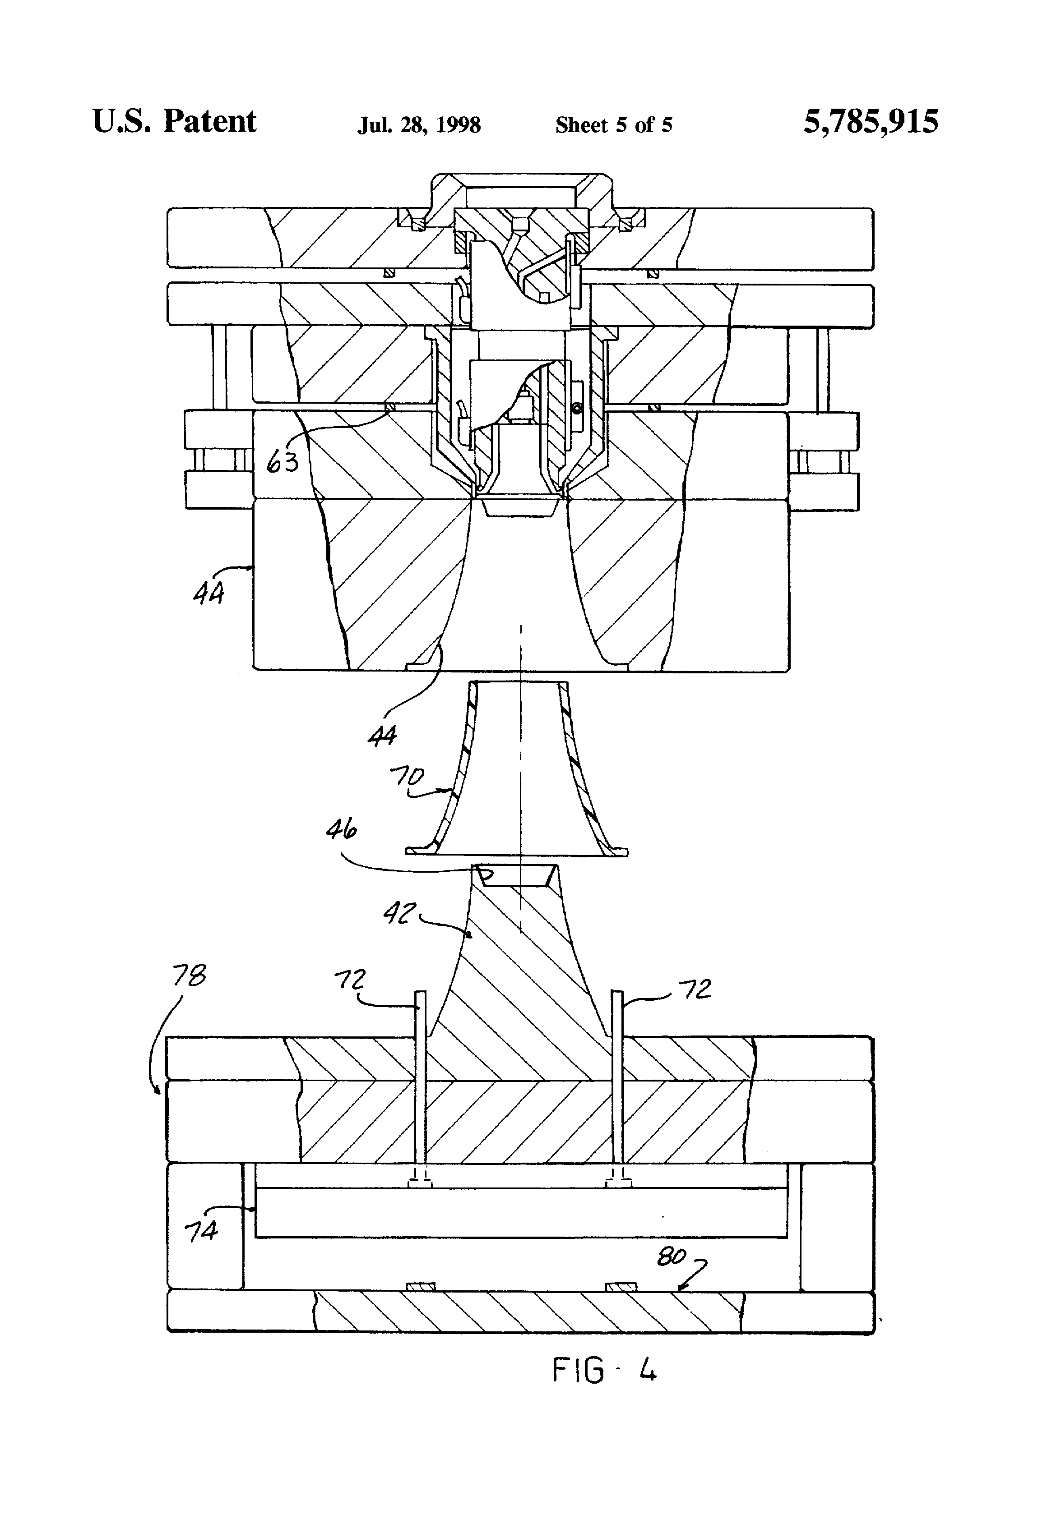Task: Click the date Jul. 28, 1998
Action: pyautogui.click(x=419, y=125)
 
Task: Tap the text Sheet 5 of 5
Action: pyautogui.click(x=613, y=125)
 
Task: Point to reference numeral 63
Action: pyautogui.click(x=283, y=462)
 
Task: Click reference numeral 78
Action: pyautogui.click(x=189, y=976)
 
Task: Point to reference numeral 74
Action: pyautogui.click(x=200, y=1231)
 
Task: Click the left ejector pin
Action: pyautogui.click(x=420, y=1085)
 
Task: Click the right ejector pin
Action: pyautogui.click(x=617, y=1085)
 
